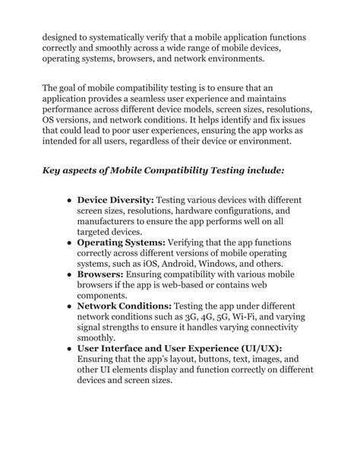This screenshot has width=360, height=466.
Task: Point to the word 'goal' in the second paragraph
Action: pyautogui.click(x=77, y=87)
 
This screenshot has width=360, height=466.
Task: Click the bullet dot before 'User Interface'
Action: pyautogui.click(x=68, y=348)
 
